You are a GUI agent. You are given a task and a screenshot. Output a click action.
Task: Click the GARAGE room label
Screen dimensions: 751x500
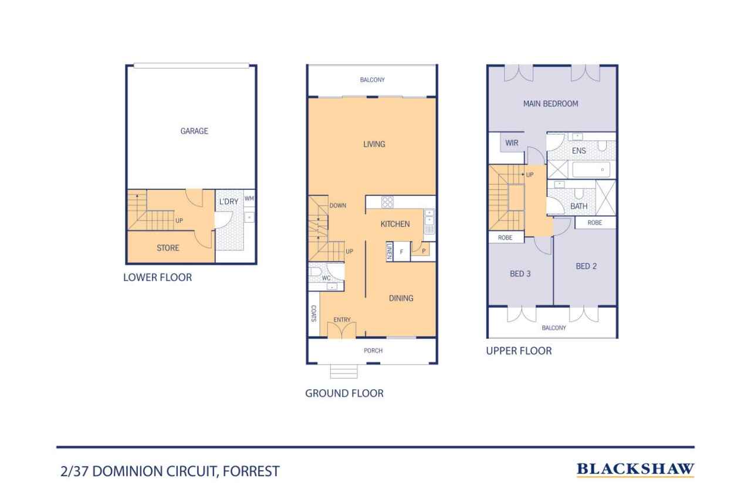click(194, 131)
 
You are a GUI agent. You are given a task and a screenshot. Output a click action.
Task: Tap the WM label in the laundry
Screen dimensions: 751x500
click(249, 198)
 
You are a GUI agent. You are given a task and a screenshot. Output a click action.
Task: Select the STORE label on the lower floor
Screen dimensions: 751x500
click(168, 248)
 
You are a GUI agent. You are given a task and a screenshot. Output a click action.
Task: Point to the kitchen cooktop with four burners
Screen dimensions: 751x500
click(387, 202)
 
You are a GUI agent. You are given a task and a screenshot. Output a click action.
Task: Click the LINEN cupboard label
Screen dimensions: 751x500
click(389, 251)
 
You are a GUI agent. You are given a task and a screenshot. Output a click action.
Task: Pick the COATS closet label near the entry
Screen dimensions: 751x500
click(313, 314)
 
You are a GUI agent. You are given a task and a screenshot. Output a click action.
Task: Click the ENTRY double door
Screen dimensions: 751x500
click(341, 330)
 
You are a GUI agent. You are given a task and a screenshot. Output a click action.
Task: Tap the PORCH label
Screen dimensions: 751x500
click(373, 351)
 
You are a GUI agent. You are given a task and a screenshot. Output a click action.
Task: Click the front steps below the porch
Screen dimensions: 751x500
click(344, 372)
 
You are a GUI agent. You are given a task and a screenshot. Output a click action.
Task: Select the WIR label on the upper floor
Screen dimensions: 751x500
click(512, 143)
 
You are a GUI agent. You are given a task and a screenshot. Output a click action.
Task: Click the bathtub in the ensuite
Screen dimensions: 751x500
click(591, 169)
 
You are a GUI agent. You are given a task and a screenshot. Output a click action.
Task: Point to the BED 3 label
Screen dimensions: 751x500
click(520, 274)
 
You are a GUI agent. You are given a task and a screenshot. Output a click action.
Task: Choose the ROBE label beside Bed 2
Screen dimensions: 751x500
click(595, 223)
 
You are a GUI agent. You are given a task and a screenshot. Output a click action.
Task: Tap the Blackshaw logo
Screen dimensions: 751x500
click(635, 469)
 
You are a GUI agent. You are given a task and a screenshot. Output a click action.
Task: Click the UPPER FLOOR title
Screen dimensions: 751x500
click(519, 351)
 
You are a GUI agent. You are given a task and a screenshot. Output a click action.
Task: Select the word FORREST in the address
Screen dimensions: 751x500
click(251, 471)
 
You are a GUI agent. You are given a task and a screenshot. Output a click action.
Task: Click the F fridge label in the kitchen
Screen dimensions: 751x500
click(401, 252)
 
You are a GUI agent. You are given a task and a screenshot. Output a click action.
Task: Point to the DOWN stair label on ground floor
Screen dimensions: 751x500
click(337, 206)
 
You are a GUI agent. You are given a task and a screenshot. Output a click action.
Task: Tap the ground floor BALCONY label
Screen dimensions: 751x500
click(372, 80)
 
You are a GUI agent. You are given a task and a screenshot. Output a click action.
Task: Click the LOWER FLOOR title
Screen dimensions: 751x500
click(158, 277)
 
